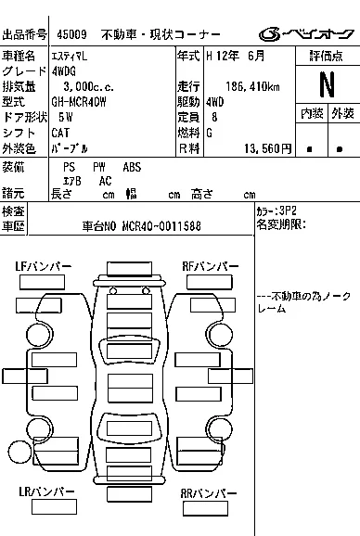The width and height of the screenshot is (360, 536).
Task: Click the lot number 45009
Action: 71,34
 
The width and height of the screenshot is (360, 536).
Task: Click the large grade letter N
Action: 327,84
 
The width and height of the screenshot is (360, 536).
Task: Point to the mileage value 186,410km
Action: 252,86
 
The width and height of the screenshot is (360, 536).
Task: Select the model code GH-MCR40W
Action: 79,102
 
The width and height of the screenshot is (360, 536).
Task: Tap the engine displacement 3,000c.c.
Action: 88,86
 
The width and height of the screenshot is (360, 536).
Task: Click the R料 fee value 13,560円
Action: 268,148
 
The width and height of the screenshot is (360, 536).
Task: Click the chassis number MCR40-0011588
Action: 161,226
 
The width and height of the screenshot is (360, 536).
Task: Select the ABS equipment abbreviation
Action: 132,167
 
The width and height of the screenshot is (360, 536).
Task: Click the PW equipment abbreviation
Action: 99,167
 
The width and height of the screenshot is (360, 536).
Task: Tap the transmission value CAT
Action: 60,133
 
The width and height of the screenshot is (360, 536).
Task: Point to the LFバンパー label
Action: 44,267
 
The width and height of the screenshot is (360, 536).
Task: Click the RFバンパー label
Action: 211,267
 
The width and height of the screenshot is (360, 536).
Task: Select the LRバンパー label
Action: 46,491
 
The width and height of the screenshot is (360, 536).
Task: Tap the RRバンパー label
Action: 209,493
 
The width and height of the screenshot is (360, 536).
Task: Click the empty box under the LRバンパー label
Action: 54,506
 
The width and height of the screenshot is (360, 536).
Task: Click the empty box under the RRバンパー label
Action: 205,508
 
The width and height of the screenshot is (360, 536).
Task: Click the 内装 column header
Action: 312,113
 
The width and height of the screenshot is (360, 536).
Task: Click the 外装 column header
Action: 342,113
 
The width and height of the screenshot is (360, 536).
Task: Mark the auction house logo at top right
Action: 306,34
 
